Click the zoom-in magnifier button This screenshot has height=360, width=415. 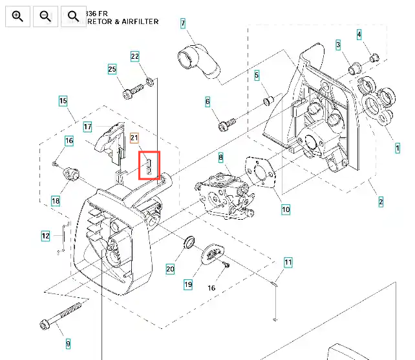click(x=17, y=16)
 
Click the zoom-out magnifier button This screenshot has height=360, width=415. click(x=45, y=16)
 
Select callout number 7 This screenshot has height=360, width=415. click(x=183, y=24)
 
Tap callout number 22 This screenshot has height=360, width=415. click(x=135, y=56)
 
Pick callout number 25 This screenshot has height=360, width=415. click(x=112, y=69)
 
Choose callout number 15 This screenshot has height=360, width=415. click(x=63, y=101)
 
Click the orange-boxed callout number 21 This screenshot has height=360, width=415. click(x=134, y=137)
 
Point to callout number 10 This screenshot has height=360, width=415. click(x=286, y=209)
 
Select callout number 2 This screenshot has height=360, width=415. click(x=381, y=202)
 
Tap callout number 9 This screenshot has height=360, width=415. click(x=68, y=343)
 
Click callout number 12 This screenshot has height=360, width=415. click(x=45, y=237)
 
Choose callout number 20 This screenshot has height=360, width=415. click(x=171, y=269)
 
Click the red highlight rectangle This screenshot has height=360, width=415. click(x=150, y=165)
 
